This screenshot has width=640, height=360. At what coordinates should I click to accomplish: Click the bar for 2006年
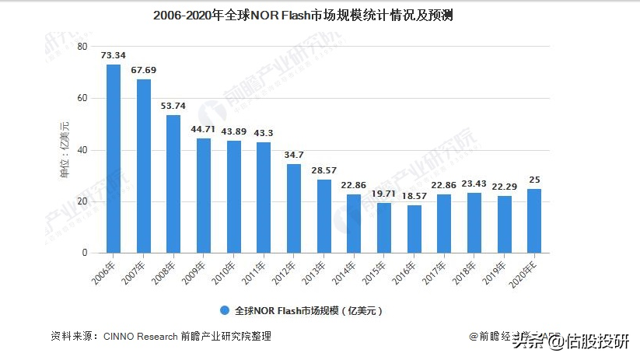click(x=114, y=159)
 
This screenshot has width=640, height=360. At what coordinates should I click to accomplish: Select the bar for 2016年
click(x=414, y=229)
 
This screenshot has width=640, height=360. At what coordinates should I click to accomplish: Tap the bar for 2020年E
click(x=535, y=221)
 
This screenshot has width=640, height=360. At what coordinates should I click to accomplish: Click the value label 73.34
click(x=114, y=55)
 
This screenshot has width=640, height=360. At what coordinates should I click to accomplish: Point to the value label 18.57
click(x=414, y=196)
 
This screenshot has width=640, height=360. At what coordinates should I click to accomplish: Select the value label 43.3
click(x=264, y=133)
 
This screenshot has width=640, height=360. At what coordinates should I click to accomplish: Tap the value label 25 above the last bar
click(x=535, y=180)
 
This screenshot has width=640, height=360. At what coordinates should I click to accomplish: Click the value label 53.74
click(x=173, y=106)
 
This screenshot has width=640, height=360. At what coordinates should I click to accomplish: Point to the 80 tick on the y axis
click(x=82, y=47)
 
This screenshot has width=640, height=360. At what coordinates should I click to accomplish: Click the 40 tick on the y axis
click(x=82, y=150)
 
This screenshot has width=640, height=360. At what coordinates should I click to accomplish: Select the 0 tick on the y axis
click(x=85, y=253)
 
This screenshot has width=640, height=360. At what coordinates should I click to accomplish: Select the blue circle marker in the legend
click(x=224, y=310)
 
